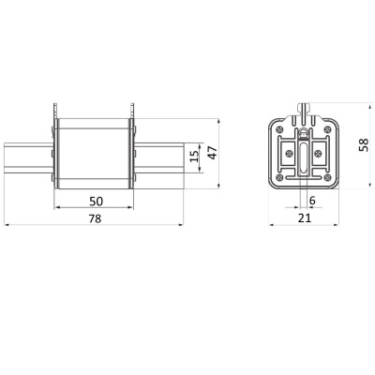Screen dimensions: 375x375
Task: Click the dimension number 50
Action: point(97,201)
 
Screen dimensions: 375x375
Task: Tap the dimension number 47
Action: point(212,153)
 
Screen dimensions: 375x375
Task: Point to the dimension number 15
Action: point(193,153)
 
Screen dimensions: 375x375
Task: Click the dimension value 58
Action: point(362,145)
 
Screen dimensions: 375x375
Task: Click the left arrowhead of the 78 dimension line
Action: point(8,225)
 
